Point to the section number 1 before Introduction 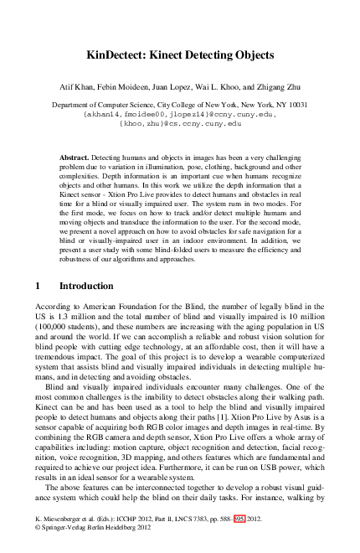pyautogui.click(x=37, y=286)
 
